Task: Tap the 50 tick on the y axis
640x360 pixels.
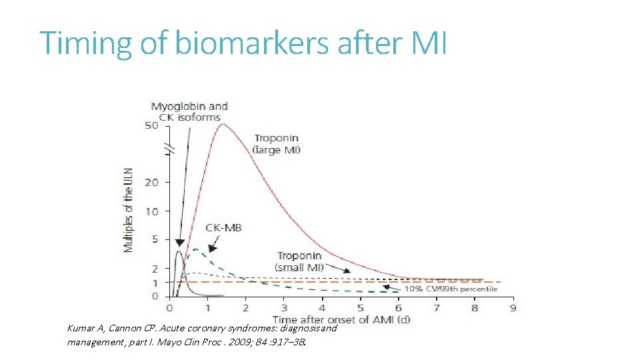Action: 152,126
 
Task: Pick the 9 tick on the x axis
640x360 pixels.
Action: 513,308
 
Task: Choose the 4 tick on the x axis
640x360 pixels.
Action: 322,308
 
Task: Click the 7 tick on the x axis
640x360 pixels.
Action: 437,308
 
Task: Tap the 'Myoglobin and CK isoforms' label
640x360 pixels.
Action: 189,111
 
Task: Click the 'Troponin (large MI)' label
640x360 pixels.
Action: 277,144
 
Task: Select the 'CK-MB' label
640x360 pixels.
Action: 223,227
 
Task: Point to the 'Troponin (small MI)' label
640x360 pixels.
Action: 300,261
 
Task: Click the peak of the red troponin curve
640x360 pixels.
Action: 222,125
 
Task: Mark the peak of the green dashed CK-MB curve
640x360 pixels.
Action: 195,249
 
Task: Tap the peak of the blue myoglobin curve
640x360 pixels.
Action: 178,251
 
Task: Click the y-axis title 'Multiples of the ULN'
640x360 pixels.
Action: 128,210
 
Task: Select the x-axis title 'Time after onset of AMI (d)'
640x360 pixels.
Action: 341,319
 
